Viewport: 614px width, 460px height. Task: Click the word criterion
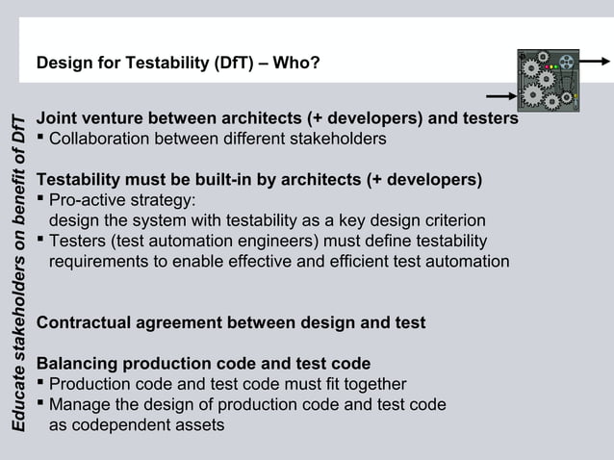453,220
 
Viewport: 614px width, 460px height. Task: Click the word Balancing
75,364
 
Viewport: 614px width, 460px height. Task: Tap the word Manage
78,405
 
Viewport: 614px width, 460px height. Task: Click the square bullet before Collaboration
40,140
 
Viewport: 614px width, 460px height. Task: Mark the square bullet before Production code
40,385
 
